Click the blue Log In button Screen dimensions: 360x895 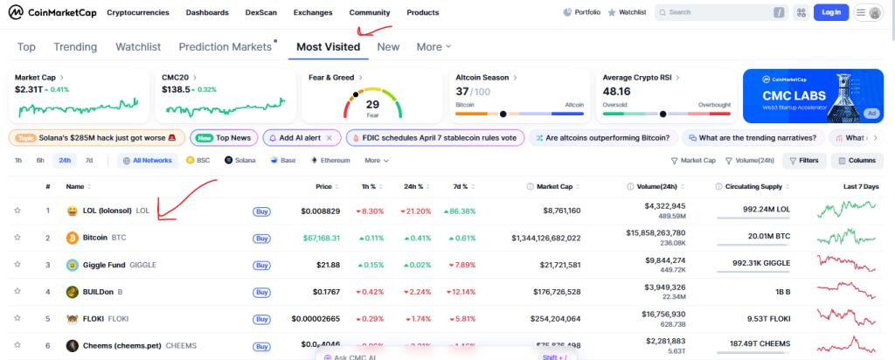pyautogui.click(x=830, y=12)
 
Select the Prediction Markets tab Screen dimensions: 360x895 pyautogui.click(x=225, y=46)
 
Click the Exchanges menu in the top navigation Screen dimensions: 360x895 pyautogui.click(x=313, y=13)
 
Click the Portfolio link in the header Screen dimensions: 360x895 pyautogui.click(x=582, y=13)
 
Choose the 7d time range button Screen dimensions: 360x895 pyautogui.click(x=88, y=161)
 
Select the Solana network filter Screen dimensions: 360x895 pyautogui.click(x=241, y=161)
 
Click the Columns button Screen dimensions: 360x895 pyautogui.click(x=857, y=161)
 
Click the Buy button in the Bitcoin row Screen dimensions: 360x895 pyautogui.click(x=261, y=238)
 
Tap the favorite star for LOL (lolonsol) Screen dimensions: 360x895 pyautogui.click(x=17, y=211)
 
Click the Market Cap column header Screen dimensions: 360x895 pyautogui.click(x=554, y=186)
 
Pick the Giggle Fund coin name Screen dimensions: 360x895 pyautogui.click(x=104, y=265)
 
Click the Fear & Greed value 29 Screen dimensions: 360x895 pyautogui.click(x=372, y=105)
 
